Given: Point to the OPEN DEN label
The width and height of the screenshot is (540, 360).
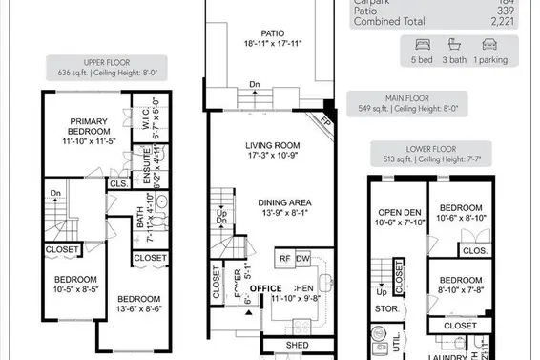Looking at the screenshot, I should tap(399, 212).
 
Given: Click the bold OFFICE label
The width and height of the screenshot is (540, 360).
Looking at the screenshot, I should tap(267, 287).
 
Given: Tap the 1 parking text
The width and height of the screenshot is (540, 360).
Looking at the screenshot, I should tap(491, 58).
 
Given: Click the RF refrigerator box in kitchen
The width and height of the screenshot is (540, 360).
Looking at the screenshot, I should tap(284, 258).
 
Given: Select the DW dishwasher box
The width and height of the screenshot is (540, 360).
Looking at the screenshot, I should tap(302, 258).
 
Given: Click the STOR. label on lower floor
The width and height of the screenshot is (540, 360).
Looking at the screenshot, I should tap(386, 309).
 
